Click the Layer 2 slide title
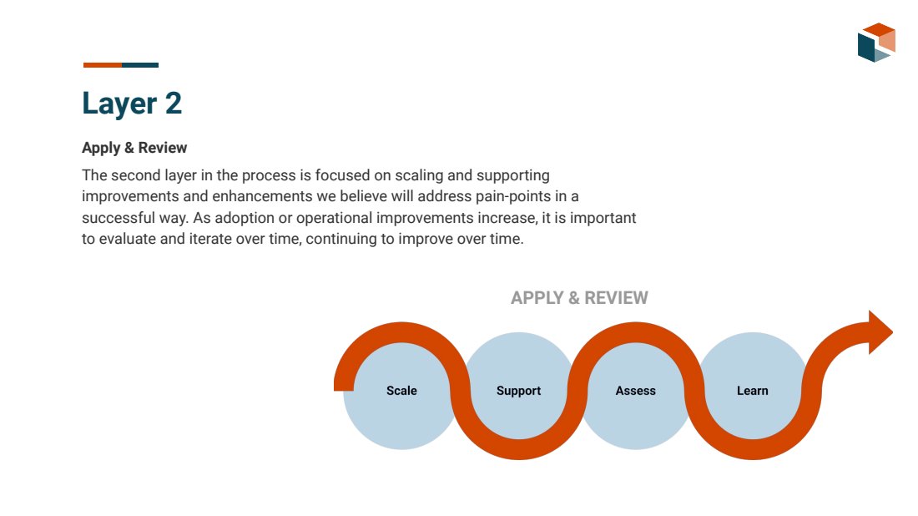tap(132, 104)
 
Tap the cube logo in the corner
tap(876, 43)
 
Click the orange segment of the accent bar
tap(103, 65)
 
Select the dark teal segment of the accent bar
tap(140, 65)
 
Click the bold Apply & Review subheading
tap(134, 148)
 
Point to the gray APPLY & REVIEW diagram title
tap(579, 297)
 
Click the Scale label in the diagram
tap(401, 391)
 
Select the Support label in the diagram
tap(519, 391)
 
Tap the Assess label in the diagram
tap(635, 391)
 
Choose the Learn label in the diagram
tap(752, 391)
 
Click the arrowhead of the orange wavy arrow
tap(880, 332)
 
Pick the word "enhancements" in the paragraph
tap(262, 196)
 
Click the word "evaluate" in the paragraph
tap(129, 239)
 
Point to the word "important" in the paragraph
tap(603, 219)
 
